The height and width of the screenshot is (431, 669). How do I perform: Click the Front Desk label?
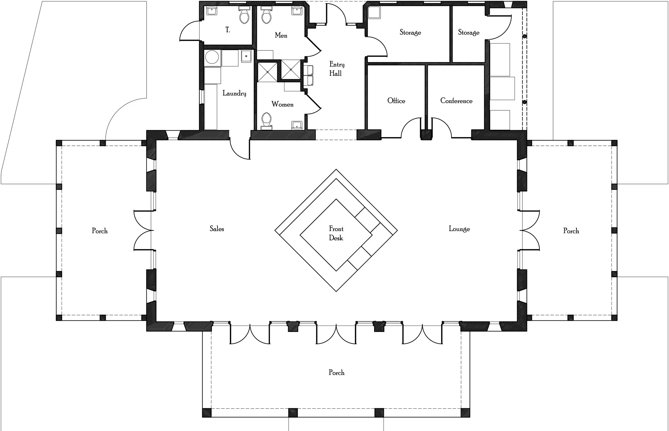[336, 233]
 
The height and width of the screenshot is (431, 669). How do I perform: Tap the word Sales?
[217, 229]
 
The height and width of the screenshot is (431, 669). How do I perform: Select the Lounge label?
[459, 229]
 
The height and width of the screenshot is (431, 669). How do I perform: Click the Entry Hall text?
[336, 69]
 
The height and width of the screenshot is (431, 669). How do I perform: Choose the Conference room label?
[456, 101]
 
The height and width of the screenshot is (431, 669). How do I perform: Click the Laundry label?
[234, 93]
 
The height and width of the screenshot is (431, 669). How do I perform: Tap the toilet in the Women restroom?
[266, 120]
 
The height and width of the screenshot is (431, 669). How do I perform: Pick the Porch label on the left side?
[100, 231]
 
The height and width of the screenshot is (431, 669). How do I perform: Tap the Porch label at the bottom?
[336, 373]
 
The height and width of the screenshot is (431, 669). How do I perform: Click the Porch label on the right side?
[571, 231]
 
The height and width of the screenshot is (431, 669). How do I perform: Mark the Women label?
[282, 104]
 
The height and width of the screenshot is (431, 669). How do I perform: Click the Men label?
[281, 35]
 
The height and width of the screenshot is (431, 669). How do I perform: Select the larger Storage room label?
[410, 33]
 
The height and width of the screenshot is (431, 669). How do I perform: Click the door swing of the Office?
[411, 127]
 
